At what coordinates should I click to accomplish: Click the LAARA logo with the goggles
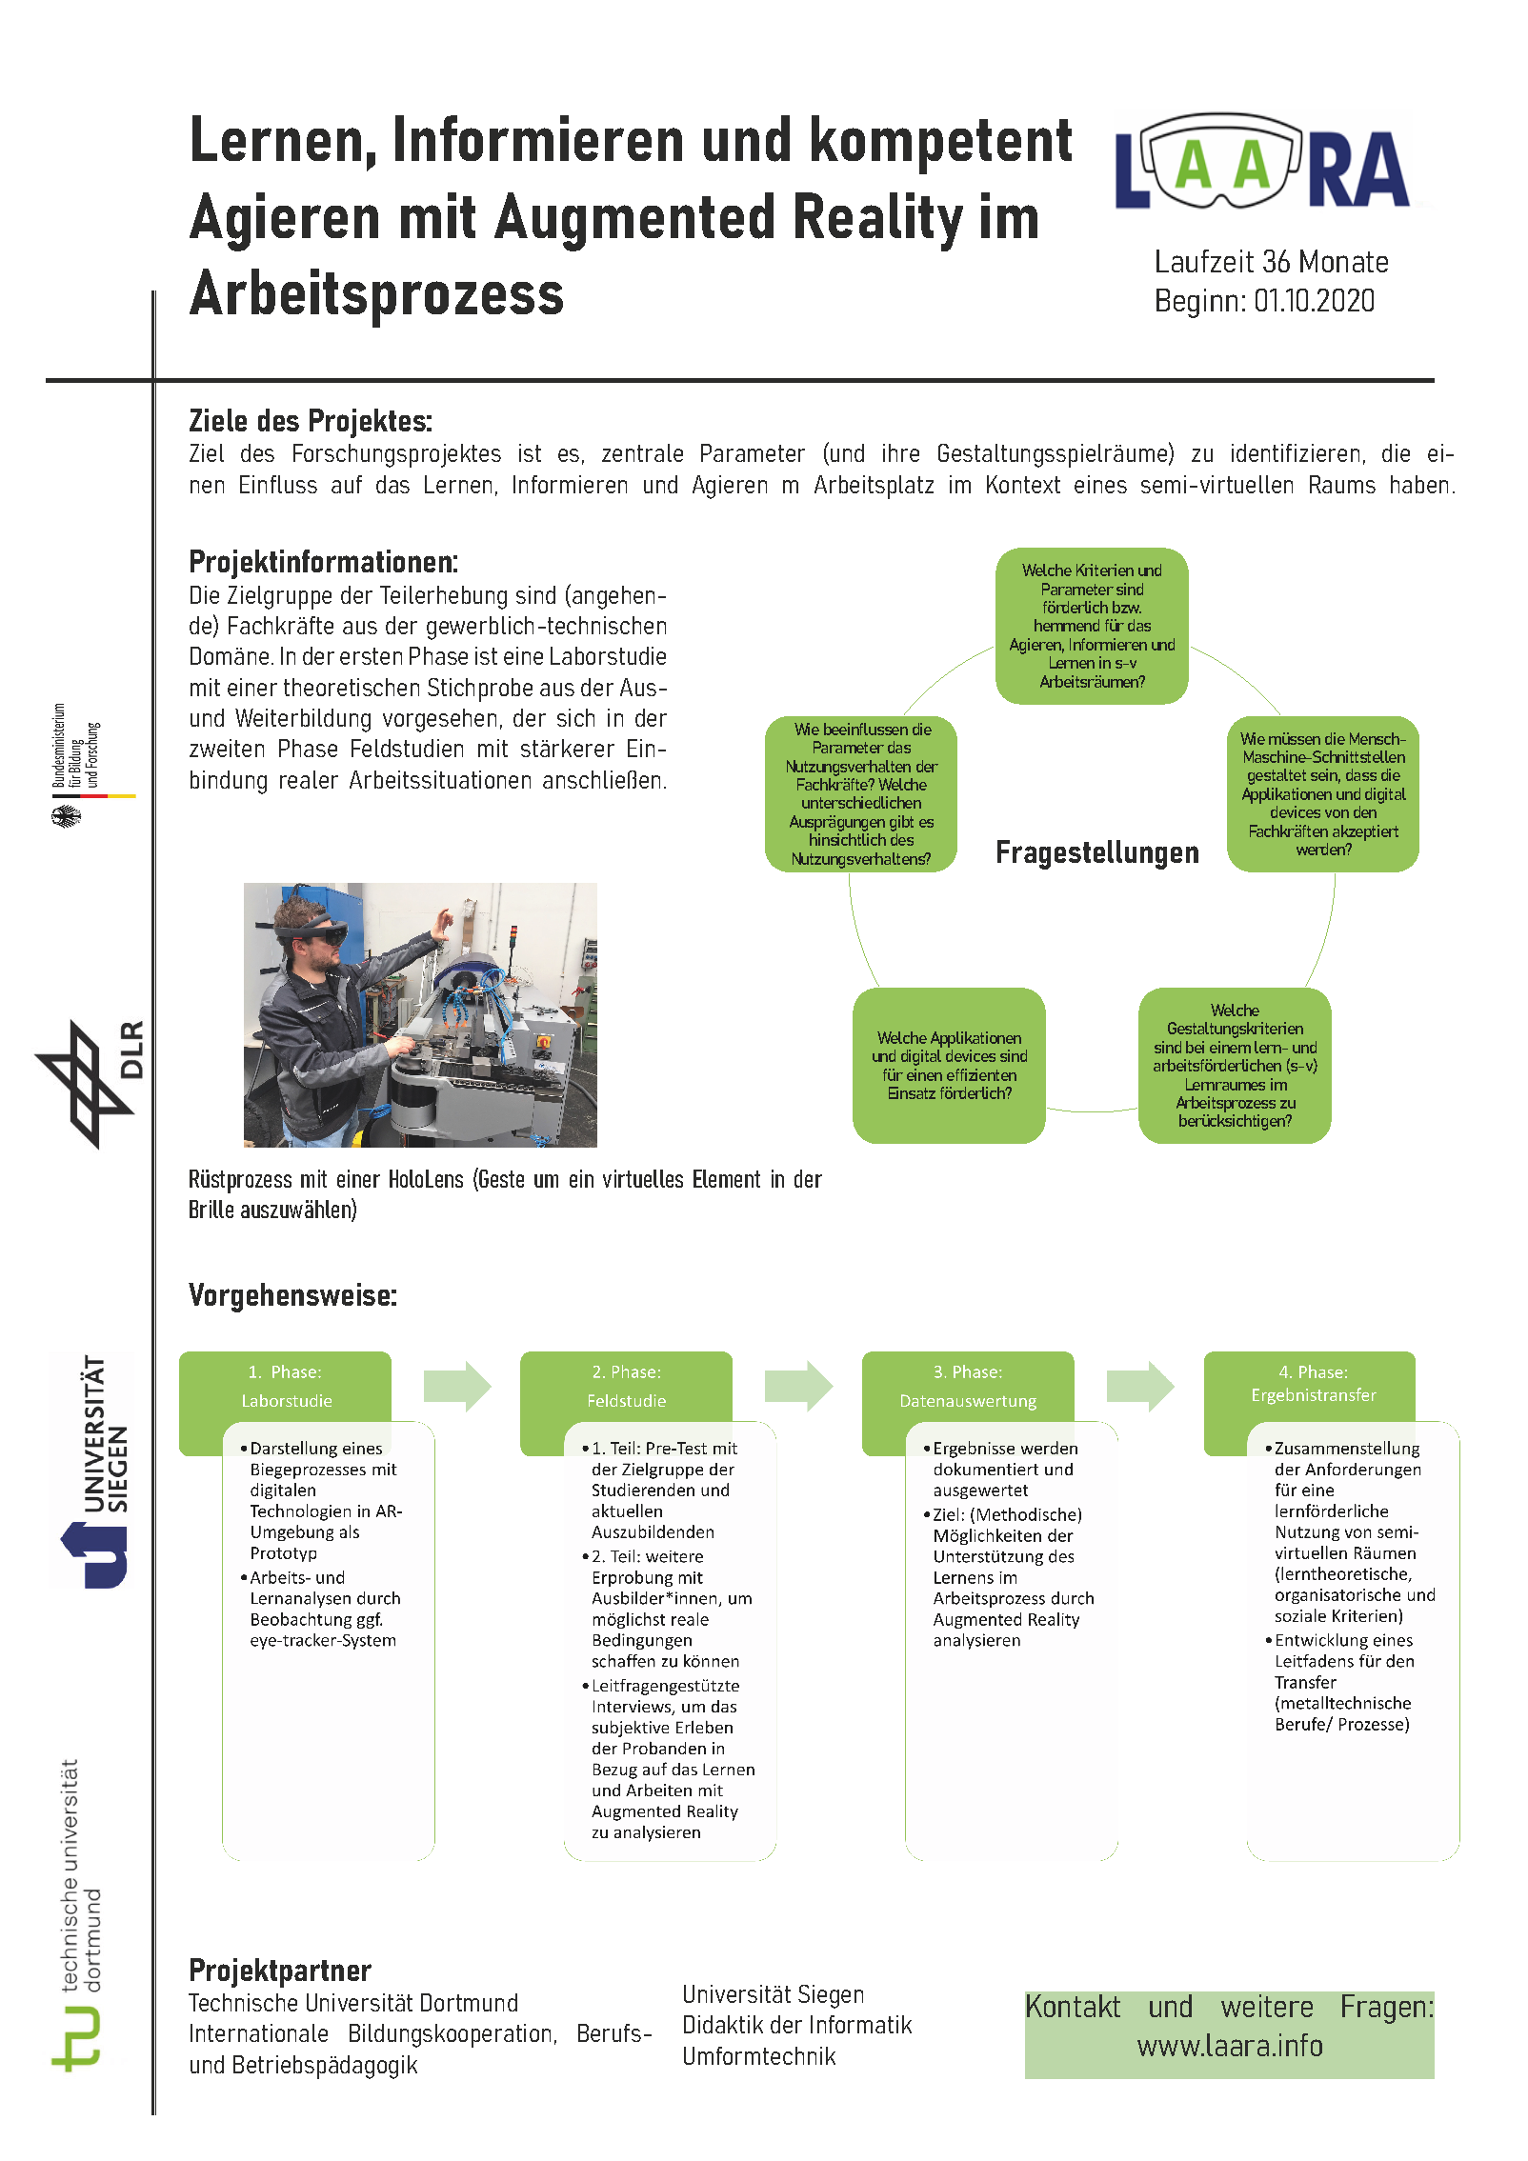pyautogui.click(x=1262, y=163)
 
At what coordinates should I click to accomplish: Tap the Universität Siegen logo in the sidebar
pyautogui.click(x=93, y=1471)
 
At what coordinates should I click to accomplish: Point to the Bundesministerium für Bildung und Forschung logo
pyautogui.click(x=80, y=763)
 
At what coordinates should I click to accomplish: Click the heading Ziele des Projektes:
pyautogui.click(x=311, y=421)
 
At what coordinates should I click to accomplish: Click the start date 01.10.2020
pyautogui.click(x=1314, y=301)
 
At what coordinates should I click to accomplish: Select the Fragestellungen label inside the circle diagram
pyautogui.click(x=1096, y=852)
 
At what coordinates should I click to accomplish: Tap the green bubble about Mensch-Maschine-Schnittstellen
pyautogui.click(x=1322, y=793)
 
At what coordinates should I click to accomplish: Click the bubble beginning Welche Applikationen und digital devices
pyautogui.click(x=949, y=1065)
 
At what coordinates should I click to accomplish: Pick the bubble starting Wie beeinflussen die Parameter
pyautogui.click(x=860, y=793)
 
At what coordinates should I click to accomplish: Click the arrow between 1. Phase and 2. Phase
pyautogui.click(x=457, y=1386)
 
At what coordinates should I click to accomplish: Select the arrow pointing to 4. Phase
pyautogui.click(x=1140, y=1386)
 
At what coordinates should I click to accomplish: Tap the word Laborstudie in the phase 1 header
pyautogui.click(x=287, y=1401)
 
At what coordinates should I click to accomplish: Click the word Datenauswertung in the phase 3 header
pyautogui.click(x=968, y=1401)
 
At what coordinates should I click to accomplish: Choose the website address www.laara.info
pyautogui.click(x=1229, y=2046)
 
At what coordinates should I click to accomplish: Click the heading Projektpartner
pyautogui.click(x=280, y=1970)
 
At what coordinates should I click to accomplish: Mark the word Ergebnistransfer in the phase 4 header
pyautogui.click(x=1313, y=1395)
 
